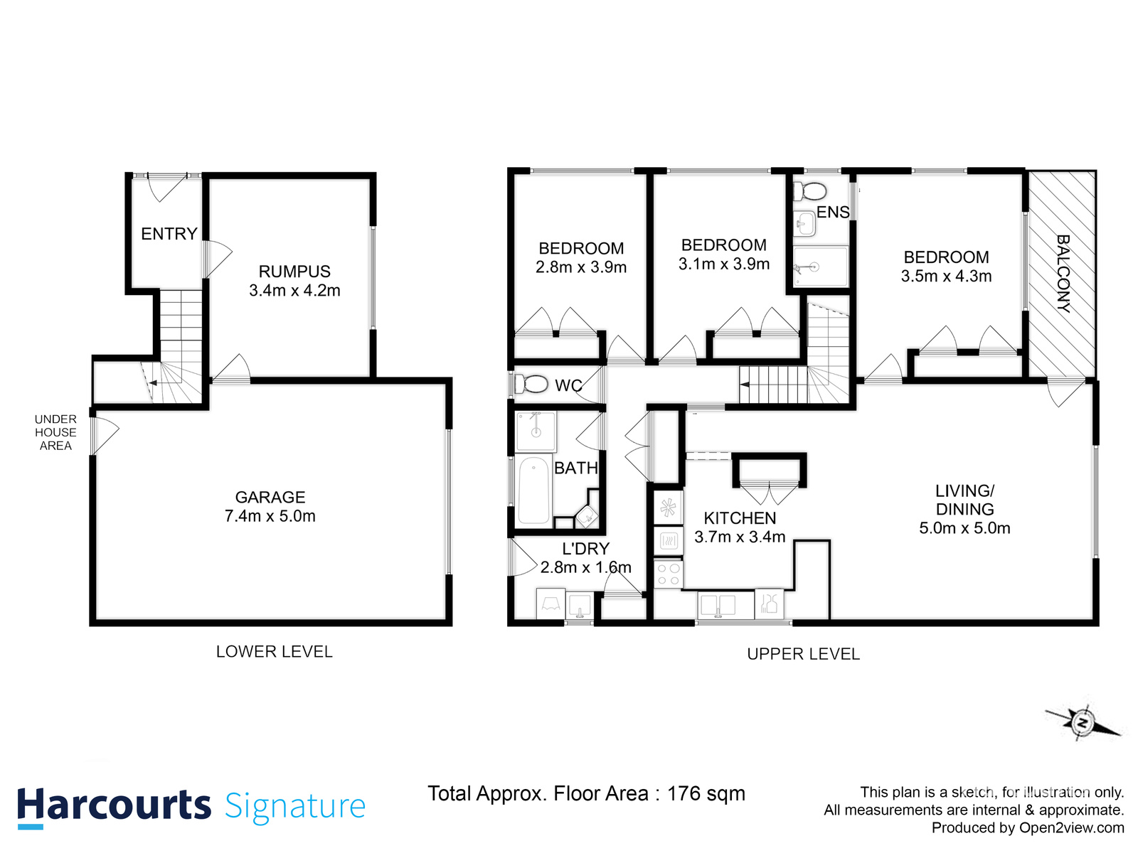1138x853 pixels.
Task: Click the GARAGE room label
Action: click(x=270, y=498)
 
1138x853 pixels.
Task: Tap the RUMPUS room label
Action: click(x=294, y=272)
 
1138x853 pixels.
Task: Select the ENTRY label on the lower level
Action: click(x=169, y=234)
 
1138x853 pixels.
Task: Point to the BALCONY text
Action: click(x=1063, y=274)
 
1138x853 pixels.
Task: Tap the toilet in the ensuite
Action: click(x=810, y=191)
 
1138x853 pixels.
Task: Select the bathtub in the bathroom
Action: click(x=533, y=490)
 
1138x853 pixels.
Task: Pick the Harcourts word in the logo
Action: click(x=114, y=805)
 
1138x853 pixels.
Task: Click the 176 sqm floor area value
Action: click(x=706, y=793)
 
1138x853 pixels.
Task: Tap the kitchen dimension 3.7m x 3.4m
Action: click(x=740, y=537)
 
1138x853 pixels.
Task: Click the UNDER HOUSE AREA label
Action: click(x=55, y=432)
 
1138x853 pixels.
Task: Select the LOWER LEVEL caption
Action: click(x=274, y=652)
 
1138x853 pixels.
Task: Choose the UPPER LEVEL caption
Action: click(x=803, y=654)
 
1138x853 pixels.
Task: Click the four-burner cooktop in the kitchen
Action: click(x=668, y=574)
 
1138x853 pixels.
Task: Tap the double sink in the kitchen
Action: click(x=718, y=605)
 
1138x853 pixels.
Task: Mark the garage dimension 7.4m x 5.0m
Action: click(x=270, y=517)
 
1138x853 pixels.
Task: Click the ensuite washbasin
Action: click(x=804, y=224)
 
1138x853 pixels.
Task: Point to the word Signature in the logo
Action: click(x=295, y=807)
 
